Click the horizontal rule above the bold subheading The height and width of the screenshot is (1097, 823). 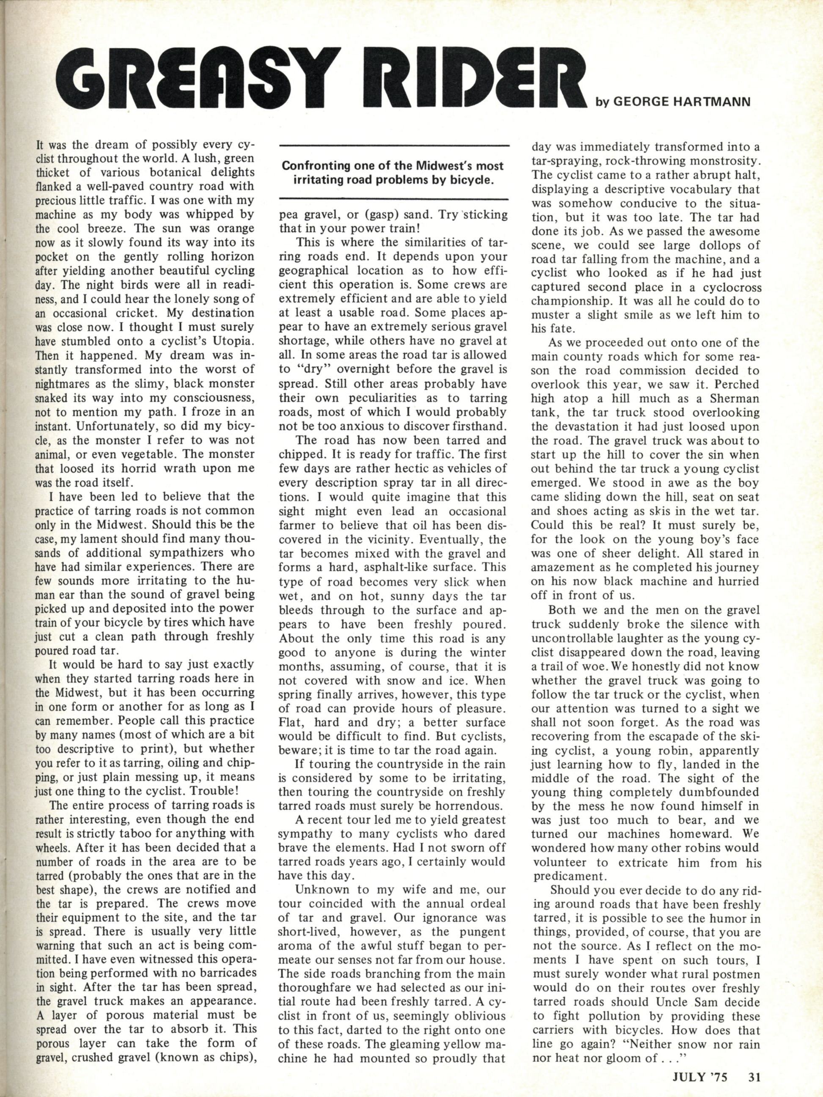click(x=395, y=145)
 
